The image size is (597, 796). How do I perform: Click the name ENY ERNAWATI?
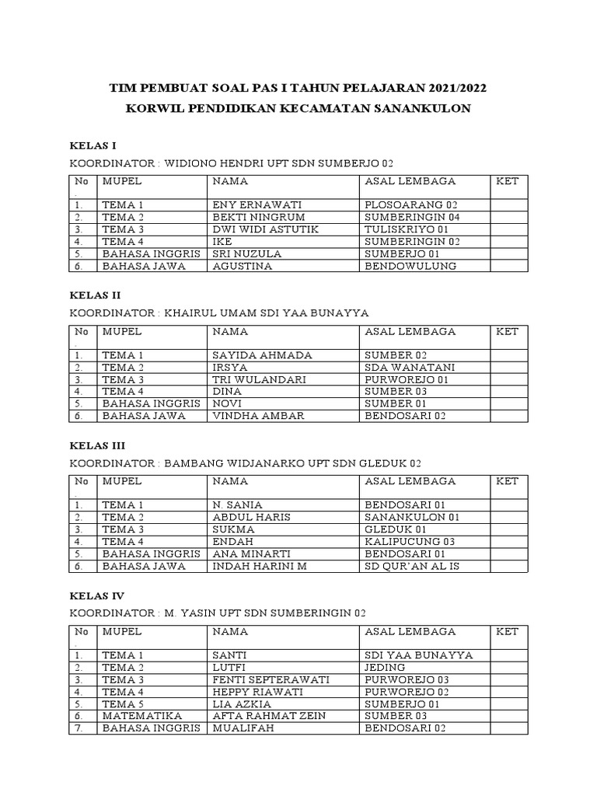coord(251,205)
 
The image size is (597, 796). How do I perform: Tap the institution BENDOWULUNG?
coord(410,266)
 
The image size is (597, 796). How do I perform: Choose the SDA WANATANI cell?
coord(410,368)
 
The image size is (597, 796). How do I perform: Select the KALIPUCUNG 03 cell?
coord(410,541)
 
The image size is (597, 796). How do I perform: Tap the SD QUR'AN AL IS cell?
coord(412,566)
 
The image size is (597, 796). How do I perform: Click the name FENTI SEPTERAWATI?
coord(271,679)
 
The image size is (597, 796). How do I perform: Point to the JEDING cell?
coord(385,667)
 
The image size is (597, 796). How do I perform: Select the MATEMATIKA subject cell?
coord(141,715)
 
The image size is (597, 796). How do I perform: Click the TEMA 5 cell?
coord(123,703)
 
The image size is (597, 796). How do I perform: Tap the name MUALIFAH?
coord(243,728)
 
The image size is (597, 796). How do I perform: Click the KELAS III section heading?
coord(97,446)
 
